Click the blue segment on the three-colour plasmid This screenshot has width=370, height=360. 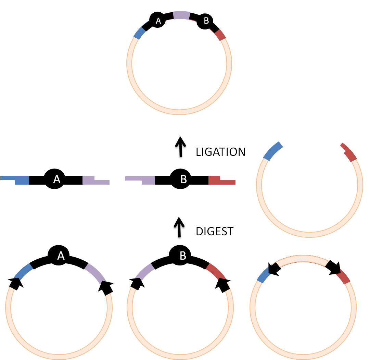[140, 33]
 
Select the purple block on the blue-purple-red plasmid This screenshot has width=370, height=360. [182, 15]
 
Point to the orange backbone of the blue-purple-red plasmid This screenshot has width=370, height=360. [179, 112]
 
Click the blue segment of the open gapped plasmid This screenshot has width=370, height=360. [273, 151]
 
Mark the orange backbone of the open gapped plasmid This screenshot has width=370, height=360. [309, 234]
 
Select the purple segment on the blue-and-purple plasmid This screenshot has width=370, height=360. [95, 273]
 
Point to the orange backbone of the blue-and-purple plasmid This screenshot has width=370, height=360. [59, 357]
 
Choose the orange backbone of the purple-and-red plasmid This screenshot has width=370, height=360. [180, 357]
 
